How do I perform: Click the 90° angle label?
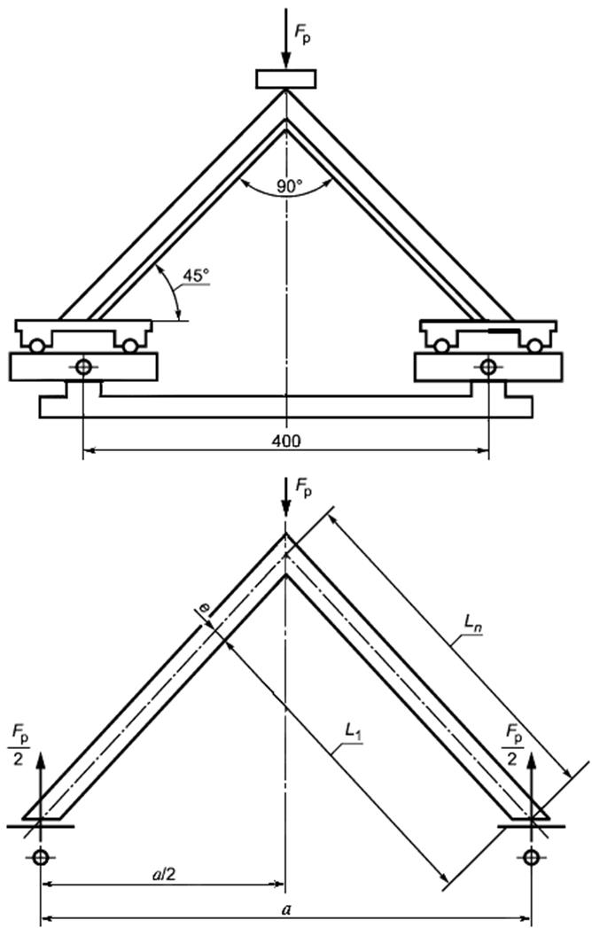coord(290,187)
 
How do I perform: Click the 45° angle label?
coord(196,276)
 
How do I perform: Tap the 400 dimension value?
coord(286,441)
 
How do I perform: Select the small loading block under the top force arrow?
coord(286,79)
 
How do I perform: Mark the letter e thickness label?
coord(205,607)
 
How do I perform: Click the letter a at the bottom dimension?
coord(286,909)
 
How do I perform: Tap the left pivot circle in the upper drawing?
coord(83,367)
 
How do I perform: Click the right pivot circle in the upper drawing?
coord(488,367)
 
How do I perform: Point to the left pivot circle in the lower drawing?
coord(41,856)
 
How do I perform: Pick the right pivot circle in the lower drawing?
coord(531,856)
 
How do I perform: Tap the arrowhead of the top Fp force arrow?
coord(286,59)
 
